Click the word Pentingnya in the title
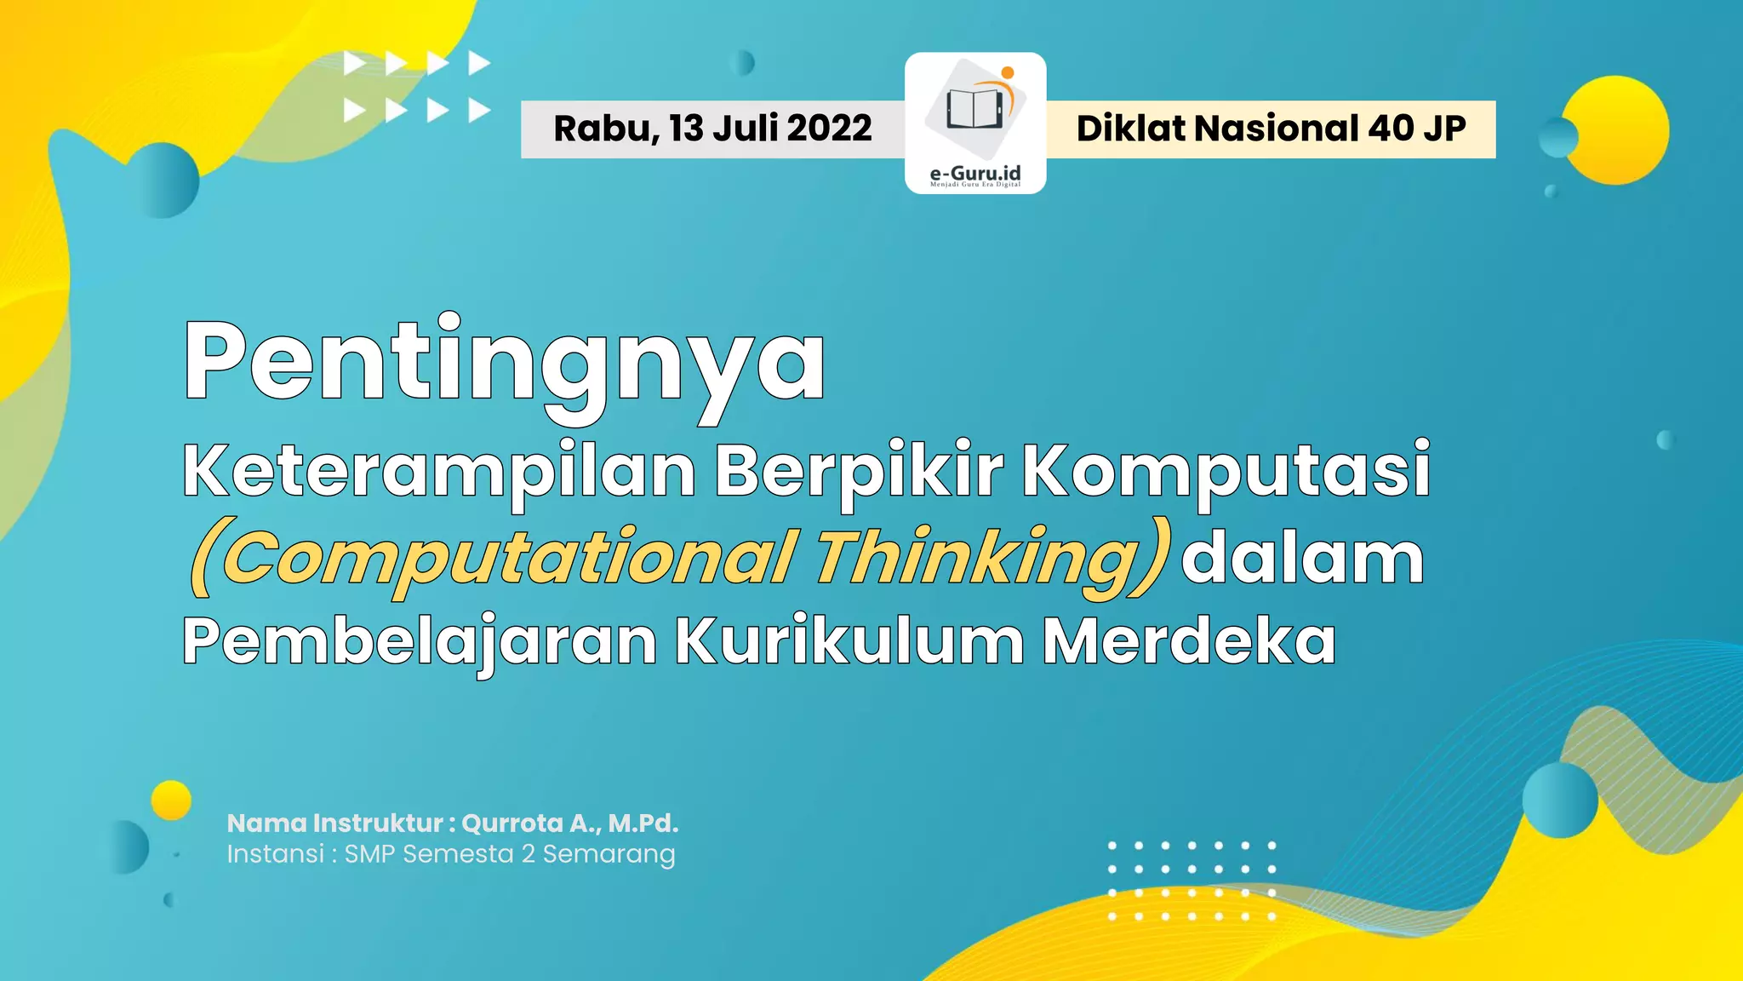pyautogui.click(x=504, y=362)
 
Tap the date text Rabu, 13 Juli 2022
pyautogui.click(x=712, y=129)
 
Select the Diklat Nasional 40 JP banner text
pyautogui.click(x=1271, y=129)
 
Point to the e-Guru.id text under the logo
pyautogui.click(x=975, y=174)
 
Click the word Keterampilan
pyautogui.click(x=439, y=471)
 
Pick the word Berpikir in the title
pyautogui.click(x=859, y=471)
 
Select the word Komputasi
pyautogui.click(x=1226, y=471)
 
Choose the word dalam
pyautogui.click(x=1302, y=559)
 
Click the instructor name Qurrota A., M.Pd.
pyautogui.click(x=569, y=823)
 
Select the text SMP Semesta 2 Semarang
pyautogui.click(x=509, y=853)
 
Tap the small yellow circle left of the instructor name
pyautogui.click(x=171, y=800)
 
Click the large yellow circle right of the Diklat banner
pyautogui.click(x=1616, y=129)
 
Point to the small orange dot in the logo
pyautogui.click(x=1008, y=72)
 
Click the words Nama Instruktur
pyautogui.click(x=334, y=823)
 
